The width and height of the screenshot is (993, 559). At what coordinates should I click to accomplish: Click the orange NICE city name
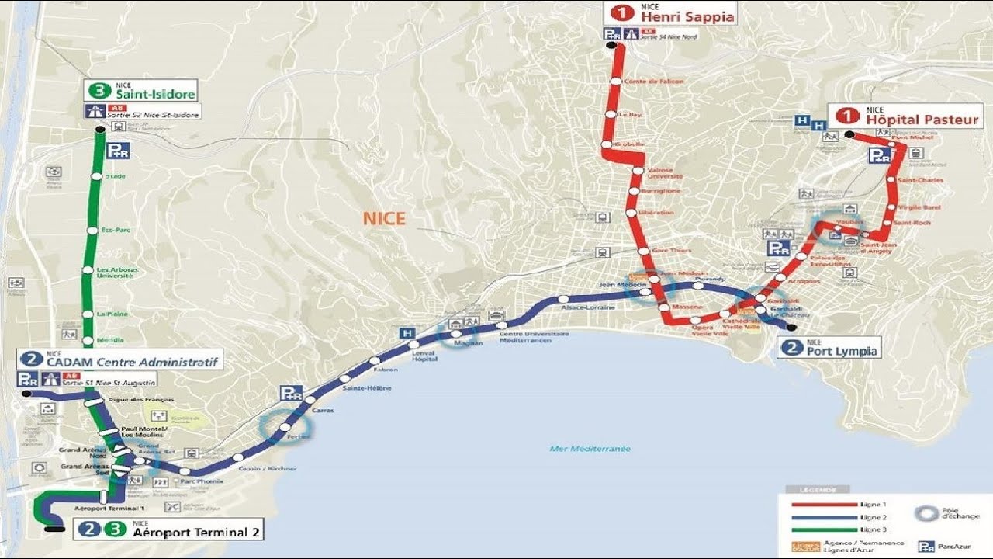click(384, 218)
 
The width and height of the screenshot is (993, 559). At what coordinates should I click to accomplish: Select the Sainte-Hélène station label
click(367, 387)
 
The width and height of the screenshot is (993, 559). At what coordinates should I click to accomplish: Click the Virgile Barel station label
click(919, 207)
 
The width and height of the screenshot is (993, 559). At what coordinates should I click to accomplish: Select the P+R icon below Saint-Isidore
click(117, 151)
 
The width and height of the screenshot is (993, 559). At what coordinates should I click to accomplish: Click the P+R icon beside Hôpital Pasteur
click(880, 156)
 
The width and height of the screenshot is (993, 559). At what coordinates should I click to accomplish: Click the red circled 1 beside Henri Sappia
click(622, 12)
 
